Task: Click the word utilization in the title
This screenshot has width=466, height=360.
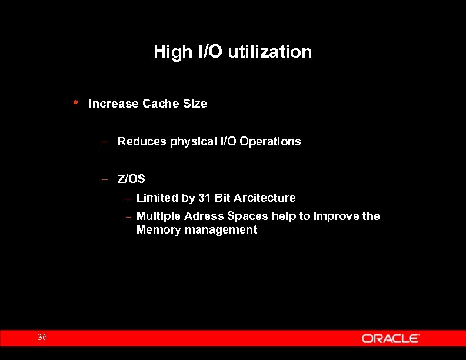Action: click(269, 52)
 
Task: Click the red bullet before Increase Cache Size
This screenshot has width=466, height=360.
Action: click(75, 102)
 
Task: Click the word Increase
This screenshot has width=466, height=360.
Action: click(114, 104)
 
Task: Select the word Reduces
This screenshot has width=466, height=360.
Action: click(142, 142)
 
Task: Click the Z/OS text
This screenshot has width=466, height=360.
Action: click(131, 179)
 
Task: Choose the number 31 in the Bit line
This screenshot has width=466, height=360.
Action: click(204, 198)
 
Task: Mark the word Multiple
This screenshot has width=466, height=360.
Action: click(158, 216)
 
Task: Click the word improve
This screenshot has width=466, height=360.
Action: click(336, 216)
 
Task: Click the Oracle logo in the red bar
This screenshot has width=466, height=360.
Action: click(390, 338)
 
